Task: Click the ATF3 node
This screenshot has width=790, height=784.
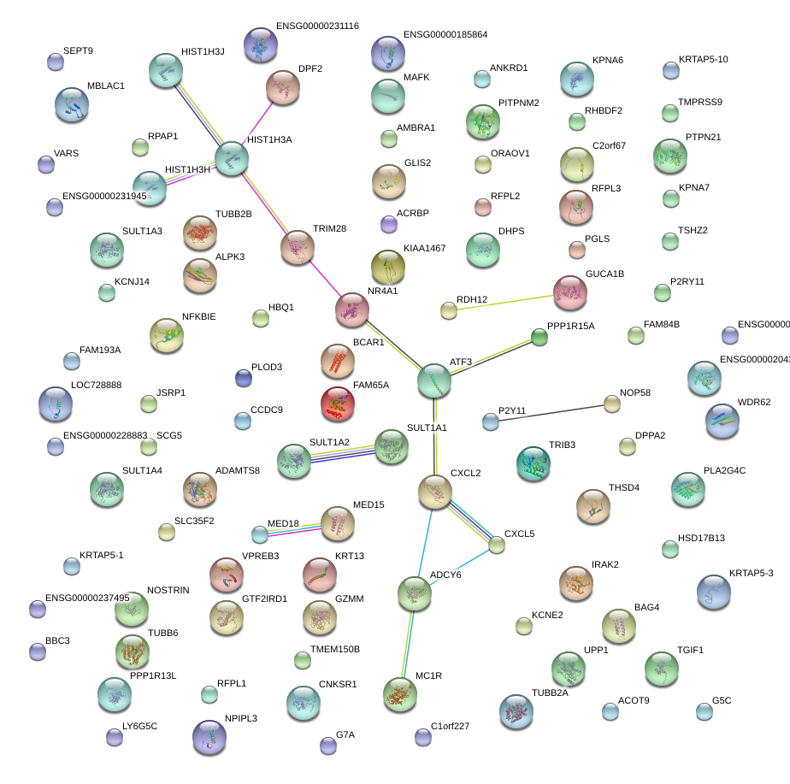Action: click(x=434, y=380)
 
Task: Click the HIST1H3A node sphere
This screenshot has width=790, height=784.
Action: click(x=231, y=158)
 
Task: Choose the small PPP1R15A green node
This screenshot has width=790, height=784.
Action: click(x=539, y=338)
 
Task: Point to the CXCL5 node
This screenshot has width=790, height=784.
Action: click(x=497, y=545)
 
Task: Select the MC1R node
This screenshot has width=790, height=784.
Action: click(x=399, y=694)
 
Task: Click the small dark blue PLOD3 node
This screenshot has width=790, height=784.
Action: click(x=244, y=377)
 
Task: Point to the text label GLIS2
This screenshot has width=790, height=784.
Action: click(x=417, y=162)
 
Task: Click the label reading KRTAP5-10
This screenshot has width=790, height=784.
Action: click(x=703, y=60)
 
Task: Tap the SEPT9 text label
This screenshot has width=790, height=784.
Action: click(x=78, y=51)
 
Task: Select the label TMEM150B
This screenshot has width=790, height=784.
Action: click(x=335, y=650)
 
